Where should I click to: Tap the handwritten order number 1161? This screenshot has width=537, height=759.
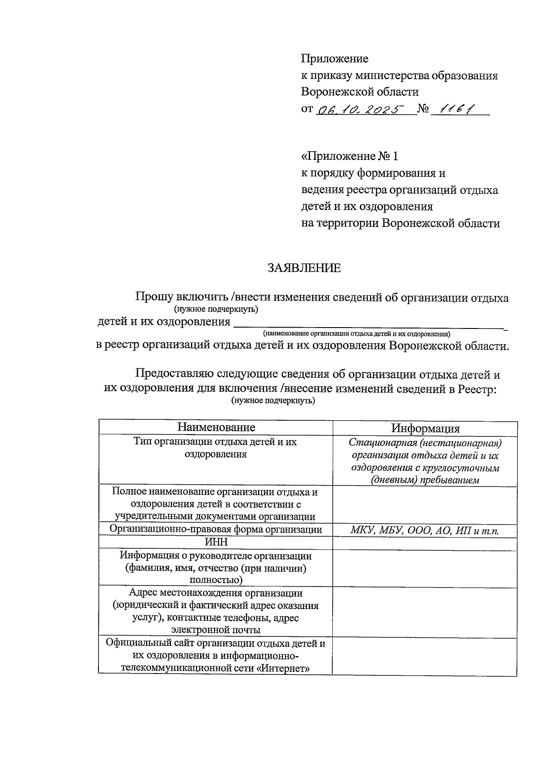pyautogui.click(x=457, y=109)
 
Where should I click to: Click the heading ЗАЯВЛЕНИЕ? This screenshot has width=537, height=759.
pyautogui.click(x=304, y=268)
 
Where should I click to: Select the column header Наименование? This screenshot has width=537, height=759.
pyautogui.click(x=216, y=427)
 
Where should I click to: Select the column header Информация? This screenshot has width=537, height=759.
pyautogui.click(x=425, y=429)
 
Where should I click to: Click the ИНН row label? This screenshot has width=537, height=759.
pyautogui.click(x=216, y=542)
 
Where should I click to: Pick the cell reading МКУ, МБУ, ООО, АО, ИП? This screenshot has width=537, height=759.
pyautogui.click(x=425, y=531)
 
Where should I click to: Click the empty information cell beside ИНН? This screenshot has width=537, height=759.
pyautogui.click(x=425, y=543)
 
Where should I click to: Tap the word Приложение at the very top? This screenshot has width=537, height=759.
pyautogui.click(x=334, y=59)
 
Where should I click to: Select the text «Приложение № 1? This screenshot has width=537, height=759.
pyautogui.click(x=349, y=157)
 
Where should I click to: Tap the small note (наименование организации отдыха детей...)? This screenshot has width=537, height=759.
pyautogui.click(x=356, y=334)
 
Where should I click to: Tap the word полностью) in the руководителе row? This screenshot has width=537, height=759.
pyautogui.click(x=216, y=580)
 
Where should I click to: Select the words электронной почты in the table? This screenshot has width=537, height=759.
pyautogui.click(x=216, y=630)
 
